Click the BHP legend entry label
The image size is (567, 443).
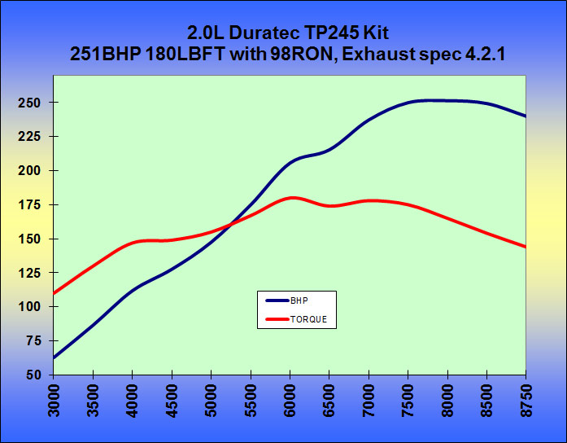tap(298, 300)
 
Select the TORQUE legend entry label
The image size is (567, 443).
tap(308, 319)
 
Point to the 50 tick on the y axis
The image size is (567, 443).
tap(34, 375)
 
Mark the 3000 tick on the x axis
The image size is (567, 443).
tap(55, 401)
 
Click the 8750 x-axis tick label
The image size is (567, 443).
tap(527, 401)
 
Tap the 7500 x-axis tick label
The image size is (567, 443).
tap(409, 401)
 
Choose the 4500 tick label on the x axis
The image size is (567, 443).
tap(172, 401)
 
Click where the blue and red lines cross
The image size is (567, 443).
tap(230, 224)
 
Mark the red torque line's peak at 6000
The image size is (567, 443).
tap(291, 198)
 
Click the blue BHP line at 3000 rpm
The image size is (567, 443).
tap(55, 357)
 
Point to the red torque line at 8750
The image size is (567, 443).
tap(526, 247)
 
